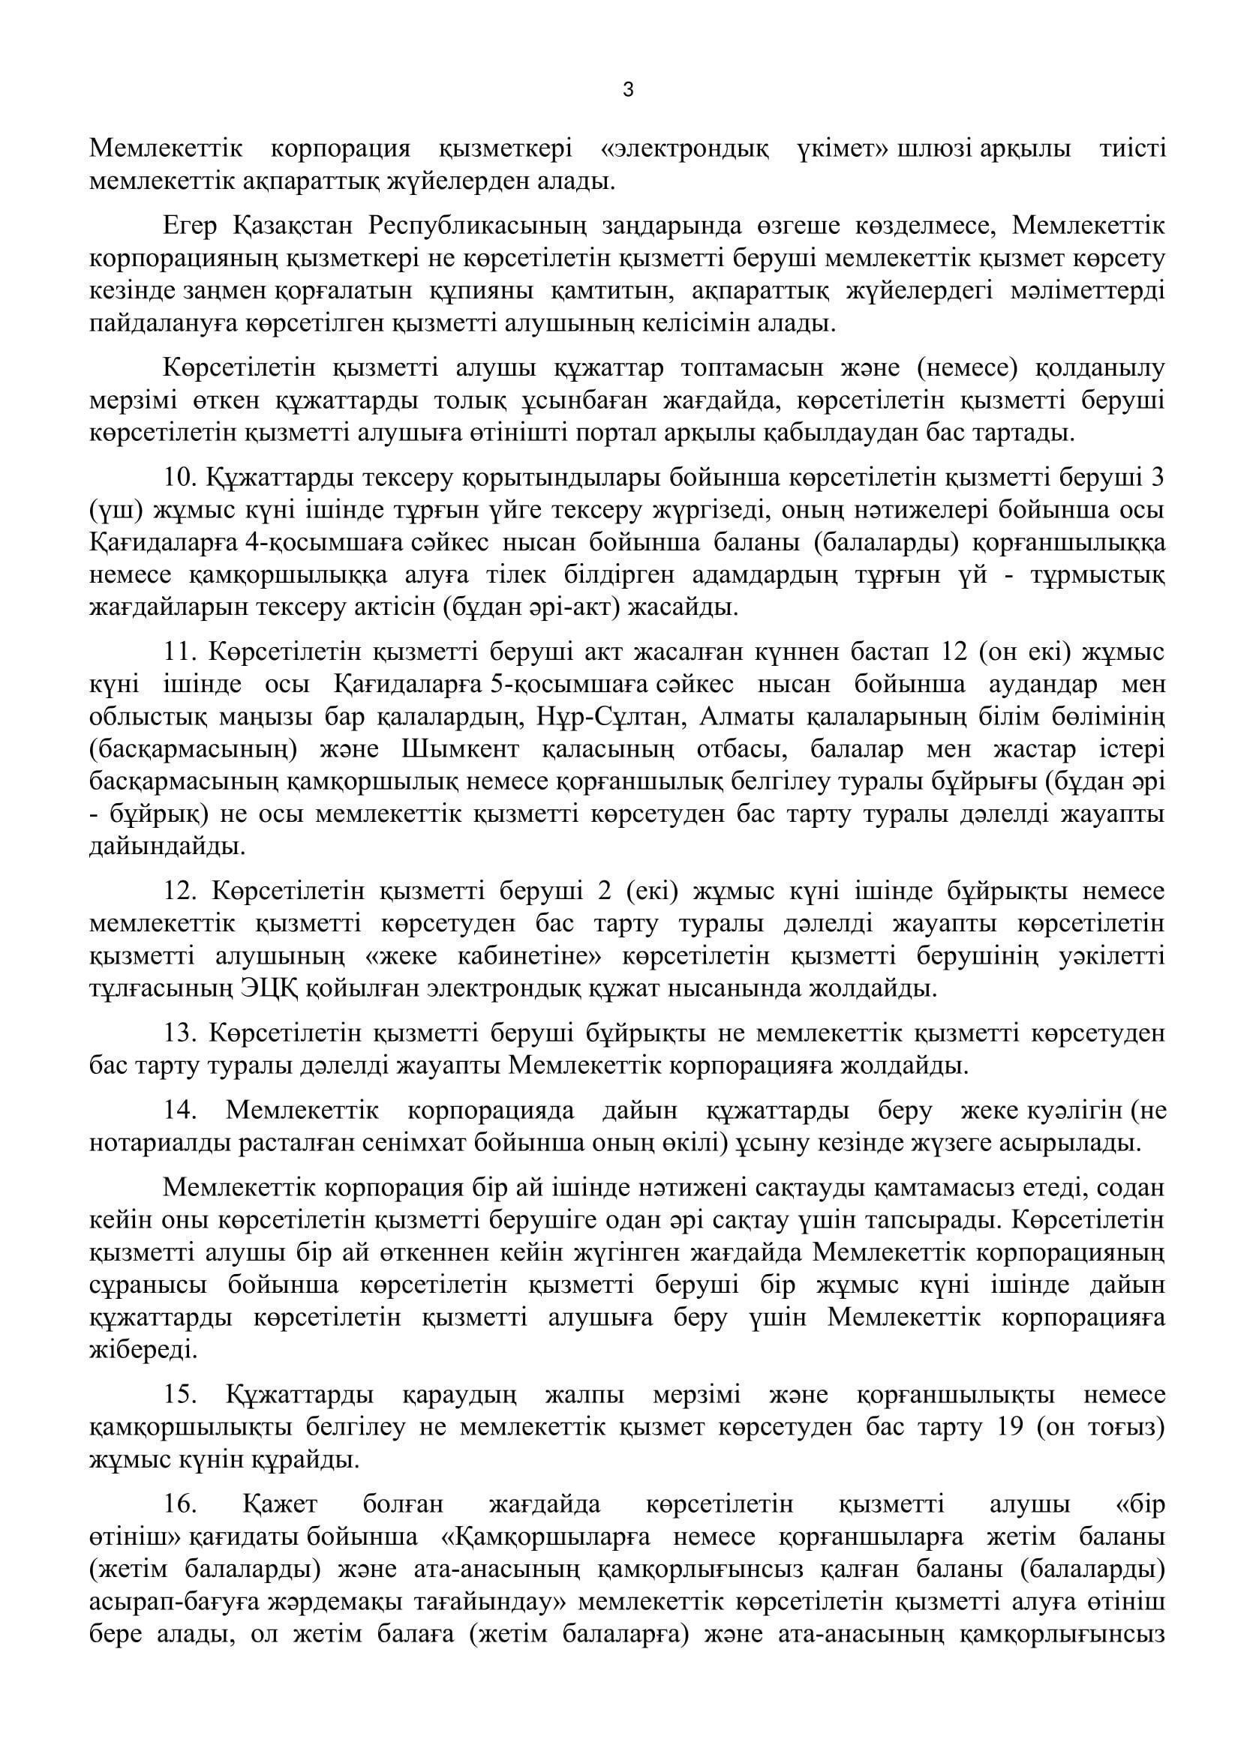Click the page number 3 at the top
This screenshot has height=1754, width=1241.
pos(628,90)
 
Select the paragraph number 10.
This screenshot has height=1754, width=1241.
pos(179,477)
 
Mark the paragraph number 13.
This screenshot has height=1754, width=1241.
pos(179,1033)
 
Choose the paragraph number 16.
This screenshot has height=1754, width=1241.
pos(179,1504)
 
